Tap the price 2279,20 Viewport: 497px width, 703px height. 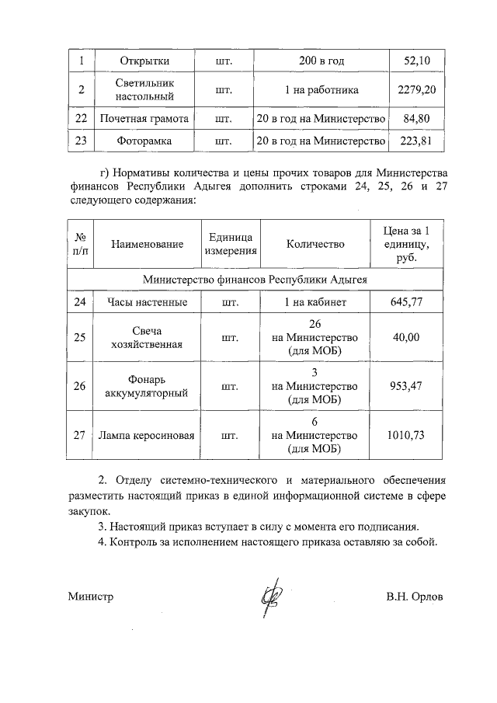(416, 89)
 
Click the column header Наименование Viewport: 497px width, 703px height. (147, 245)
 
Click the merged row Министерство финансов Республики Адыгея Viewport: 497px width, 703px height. (254, 278)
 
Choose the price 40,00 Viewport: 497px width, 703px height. (404, 338)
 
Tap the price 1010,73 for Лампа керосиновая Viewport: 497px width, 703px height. (405, 435)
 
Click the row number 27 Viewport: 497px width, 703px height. (80, 435)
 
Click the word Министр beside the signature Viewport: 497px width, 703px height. (90, 597)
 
